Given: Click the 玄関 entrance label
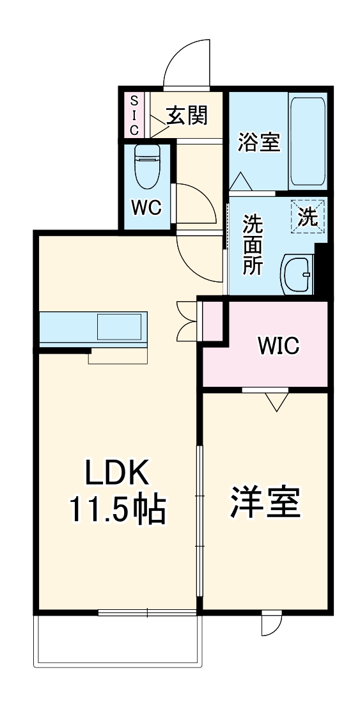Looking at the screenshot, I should (x=187, y=115).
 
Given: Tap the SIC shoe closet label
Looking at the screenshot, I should (x=135, y=115).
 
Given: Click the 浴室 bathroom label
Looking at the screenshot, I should (x=258, y=142).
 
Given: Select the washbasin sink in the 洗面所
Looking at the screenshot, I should (x=297, y=274).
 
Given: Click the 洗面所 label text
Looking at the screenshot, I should (x=253, y=244).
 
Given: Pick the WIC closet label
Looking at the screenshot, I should (x=279, y=346).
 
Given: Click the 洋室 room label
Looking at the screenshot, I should (x=265, y=502).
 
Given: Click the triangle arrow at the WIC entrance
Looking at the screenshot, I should (x=277, y=401).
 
